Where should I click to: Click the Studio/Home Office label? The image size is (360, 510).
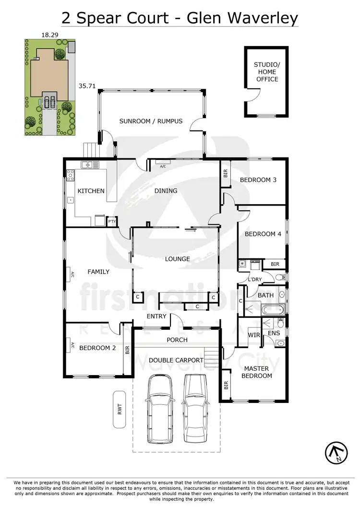[266, 72]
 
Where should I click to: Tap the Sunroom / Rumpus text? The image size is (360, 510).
[151, 121]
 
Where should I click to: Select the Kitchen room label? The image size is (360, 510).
[91, 191]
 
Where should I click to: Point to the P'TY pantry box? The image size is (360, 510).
[112, 221]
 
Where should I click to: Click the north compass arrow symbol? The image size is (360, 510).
[337, 452]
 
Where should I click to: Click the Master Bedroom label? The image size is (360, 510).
[257, 372]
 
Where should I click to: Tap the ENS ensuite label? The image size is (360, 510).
[274, 332]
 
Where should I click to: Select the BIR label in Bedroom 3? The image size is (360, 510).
[226, 173]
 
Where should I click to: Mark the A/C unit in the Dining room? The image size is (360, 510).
[162, 166]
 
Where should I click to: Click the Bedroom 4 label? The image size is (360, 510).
[260, 234]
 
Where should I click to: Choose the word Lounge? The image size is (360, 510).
[178, 259]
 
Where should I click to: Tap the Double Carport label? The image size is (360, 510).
[176, 360]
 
